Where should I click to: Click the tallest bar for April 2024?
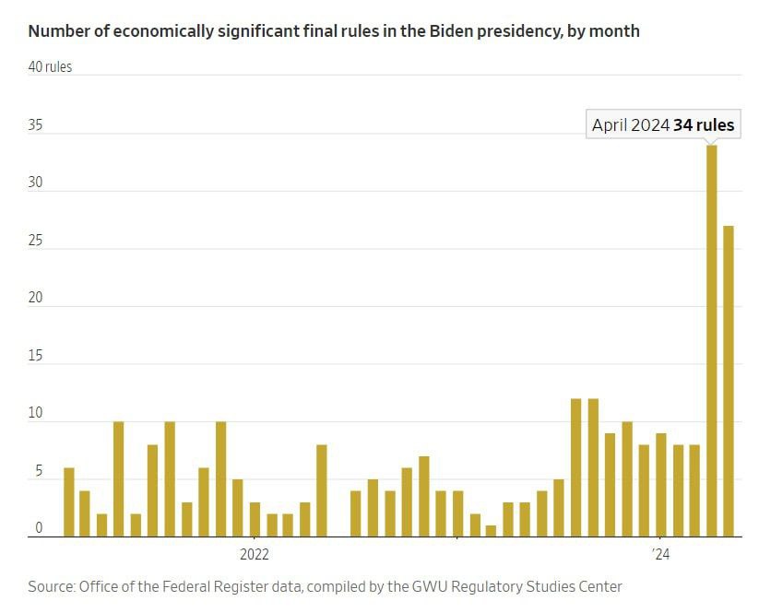pos(711,341)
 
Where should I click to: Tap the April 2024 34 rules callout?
pos(663,125)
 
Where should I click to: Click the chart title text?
pos(334,31)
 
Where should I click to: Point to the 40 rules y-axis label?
pos(50,66)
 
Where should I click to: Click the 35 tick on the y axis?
pos(36,125)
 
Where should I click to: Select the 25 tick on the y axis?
pos(36,241)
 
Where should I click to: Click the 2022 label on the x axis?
pos(254,555)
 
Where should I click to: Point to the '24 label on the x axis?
pos(659,555)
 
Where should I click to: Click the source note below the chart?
pos(325,586)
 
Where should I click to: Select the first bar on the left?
pos(68,502)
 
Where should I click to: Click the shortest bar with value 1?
pos(491,531)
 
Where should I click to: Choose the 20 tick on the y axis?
pos(36,299)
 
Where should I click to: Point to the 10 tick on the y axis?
pos(36,414)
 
